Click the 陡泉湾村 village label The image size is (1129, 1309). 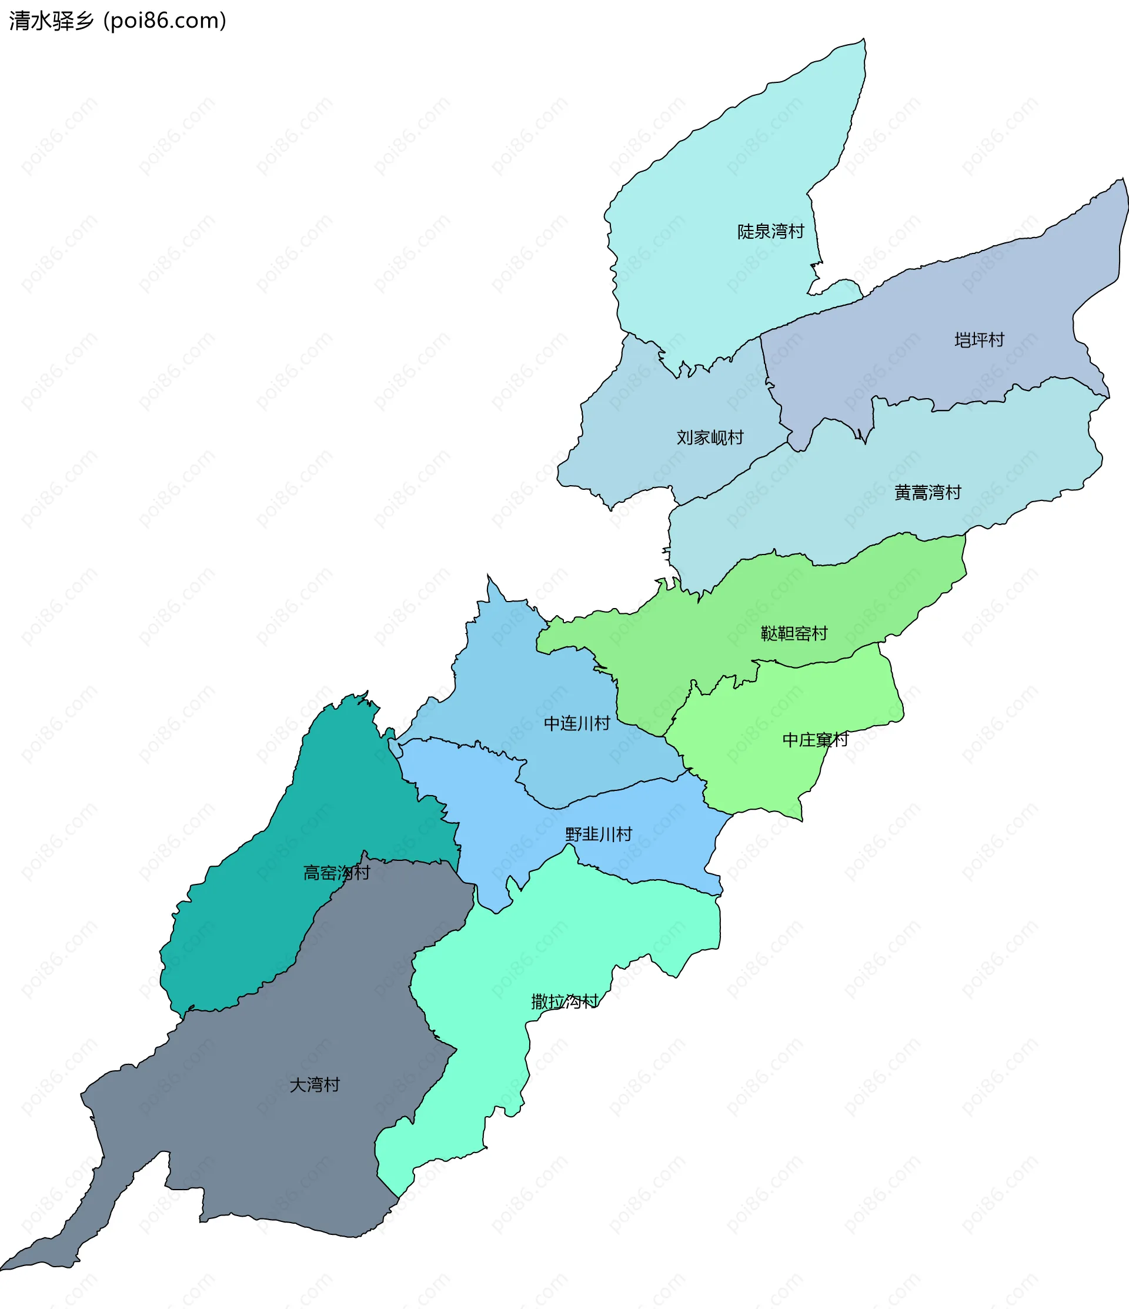pyautogui.click(x=770, y=231)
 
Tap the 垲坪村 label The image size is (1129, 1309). pyautogui.click(x=978, y=340)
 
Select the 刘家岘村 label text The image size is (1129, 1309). pyautogui.click(x=710, y=437)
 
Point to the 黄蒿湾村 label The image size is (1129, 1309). pyautogui.click(x=927, y=492)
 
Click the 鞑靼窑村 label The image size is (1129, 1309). pyautogui.click(x=793, y=633)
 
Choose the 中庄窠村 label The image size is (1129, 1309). pyautogui.click(x=815, y=739)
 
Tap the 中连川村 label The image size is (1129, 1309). pyautogui.click(x=576, y=723)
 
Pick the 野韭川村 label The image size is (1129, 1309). pyautogui.click(x=597, y=834)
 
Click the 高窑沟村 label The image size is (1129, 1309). pyautogui.click(x=336, y=873)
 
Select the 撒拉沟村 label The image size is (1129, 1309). pyautogui.click(x=564, y=1001)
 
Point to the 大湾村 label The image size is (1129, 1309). pyautogui.click(x=315, y=1085)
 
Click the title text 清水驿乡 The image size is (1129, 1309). pyautogui.click(x=51, y=21)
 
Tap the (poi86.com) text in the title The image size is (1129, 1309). pyautogui.click(x=165, y=21)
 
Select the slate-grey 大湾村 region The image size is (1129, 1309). pyautogui.click(x=265, y=1137)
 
